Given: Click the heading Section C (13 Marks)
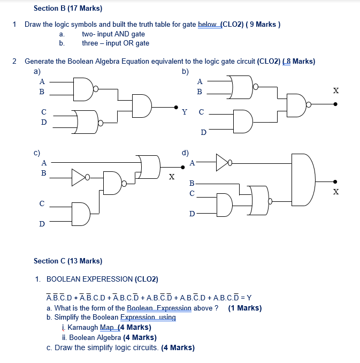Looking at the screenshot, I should pos(67,261).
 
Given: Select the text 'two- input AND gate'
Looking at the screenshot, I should pos(113,34).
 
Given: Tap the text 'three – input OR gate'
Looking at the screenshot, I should pos(115,43).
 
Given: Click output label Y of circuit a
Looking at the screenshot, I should pos(185,112).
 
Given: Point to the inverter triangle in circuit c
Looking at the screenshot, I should pos(78,176).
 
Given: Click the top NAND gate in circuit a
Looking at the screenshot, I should pos(85,88).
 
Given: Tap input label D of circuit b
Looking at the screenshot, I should pos(203,132).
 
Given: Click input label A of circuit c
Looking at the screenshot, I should pos(44,162).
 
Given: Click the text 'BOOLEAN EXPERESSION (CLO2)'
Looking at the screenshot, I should pos(102,279).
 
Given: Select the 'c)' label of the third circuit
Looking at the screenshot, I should pos(37,152).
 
